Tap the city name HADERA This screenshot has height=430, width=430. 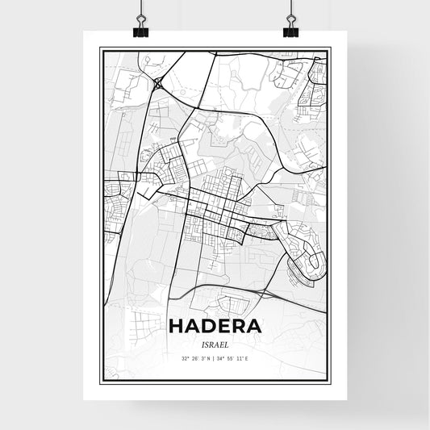215,326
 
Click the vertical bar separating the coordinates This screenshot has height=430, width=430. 215,357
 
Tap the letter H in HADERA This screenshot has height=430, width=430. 177,326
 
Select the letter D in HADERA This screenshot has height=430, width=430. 208,326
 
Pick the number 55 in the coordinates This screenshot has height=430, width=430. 236,357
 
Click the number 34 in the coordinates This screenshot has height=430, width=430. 225,357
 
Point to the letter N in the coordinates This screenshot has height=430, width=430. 209,357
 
